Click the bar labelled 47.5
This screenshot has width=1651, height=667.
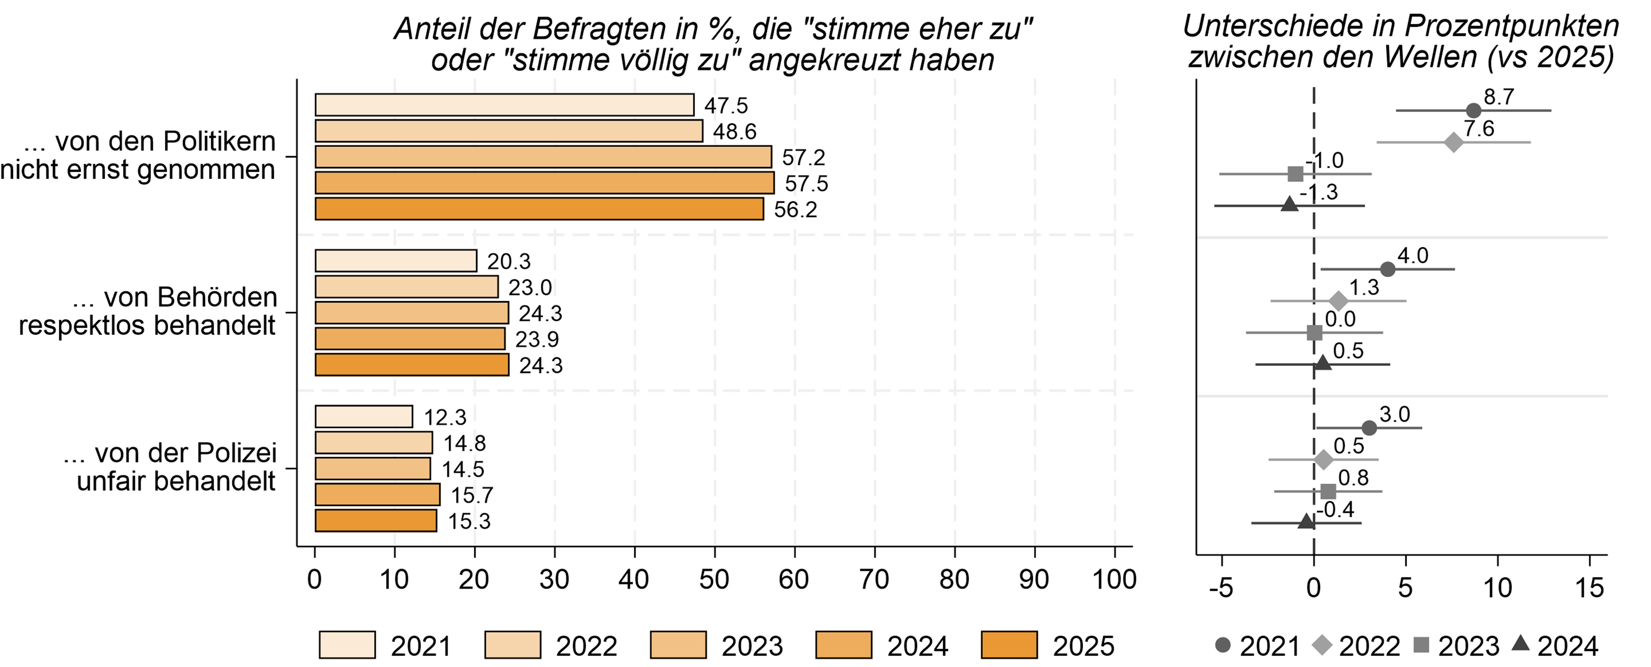pyautogui.click(x=504, y=105)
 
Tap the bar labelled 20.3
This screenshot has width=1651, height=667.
pyautogui.click(x=396, y=261)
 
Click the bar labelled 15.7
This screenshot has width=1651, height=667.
pyautogui.click(x=377, y=494)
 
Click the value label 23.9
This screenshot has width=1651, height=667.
pyautogui.click(x=537, y=340)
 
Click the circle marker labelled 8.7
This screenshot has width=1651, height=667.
pyautogui.click(x=1473, y=111)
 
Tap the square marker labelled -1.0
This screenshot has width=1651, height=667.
pyautogui.click(x=1295, y=173)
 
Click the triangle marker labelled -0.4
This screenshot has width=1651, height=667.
pyautogui.click(x=1306, y=522)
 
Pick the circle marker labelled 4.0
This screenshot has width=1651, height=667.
pyautogui.click(x=1387, y=269)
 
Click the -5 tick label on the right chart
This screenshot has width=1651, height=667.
pyautogui.click(x=1221, y=588)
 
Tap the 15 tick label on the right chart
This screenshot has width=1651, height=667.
pyautogui.click(x=1589, y=588)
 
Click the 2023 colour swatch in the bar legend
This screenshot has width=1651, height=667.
pyautogui.click(x=678, y=645)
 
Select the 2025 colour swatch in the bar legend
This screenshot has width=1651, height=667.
pyautogui.click(x=1009, y=645)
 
